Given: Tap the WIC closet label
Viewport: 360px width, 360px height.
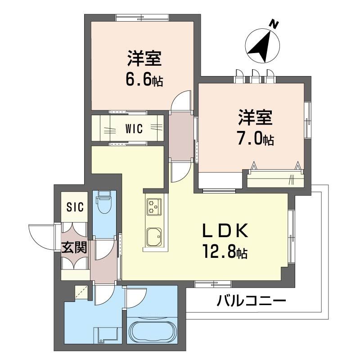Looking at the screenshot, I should [x=134, y=129].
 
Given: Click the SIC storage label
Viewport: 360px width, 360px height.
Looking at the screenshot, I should [x=75, y=207].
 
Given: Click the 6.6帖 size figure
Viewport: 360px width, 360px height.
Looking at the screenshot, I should [x=144, y=80].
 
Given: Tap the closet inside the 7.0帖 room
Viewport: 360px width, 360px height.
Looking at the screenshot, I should [x=275, y=179].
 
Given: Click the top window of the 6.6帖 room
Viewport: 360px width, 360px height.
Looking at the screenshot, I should [x=143, y=18].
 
